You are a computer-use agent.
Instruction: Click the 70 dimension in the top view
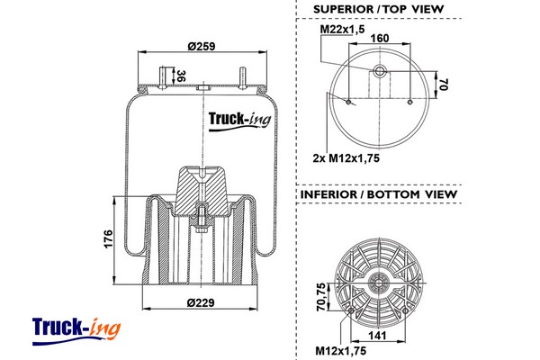pyautogui.click(x=443, y=85)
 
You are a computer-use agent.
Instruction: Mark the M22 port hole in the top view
pyautogui.click(x=379, y=70)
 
